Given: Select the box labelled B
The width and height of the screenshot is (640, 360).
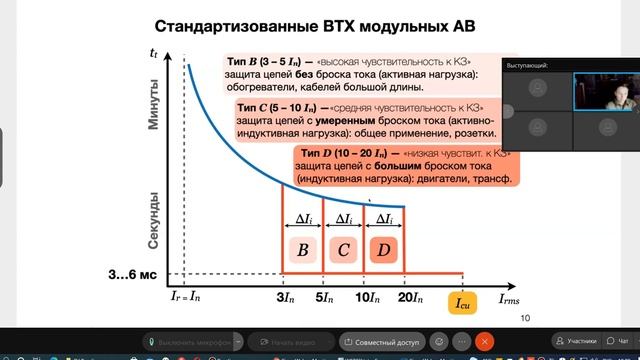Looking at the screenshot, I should pos(301,251).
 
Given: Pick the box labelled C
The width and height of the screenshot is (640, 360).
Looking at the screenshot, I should pos(342,251).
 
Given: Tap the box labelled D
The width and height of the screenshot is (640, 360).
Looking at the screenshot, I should pos(384,251).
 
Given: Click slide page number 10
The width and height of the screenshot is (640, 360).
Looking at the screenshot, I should pos(526,319).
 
